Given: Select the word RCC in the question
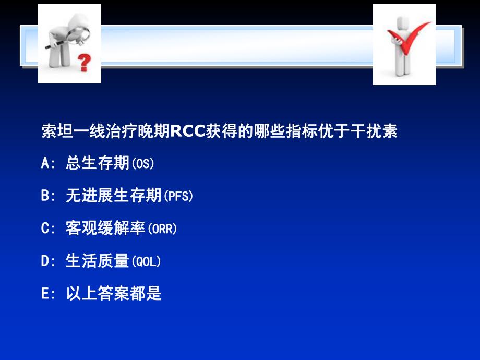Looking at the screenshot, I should pos(188,131).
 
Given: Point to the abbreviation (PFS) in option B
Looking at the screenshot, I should pos(178,197).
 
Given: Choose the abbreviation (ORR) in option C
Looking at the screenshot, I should pos(162,229).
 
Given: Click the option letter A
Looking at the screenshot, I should pos(45,164).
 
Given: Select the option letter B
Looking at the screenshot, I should pos(45,197).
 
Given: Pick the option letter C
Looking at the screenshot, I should pos(45,229).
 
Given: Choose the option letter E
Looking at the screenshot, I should pos(45,294).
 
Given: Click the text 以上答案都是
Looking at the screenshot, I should pos(114,294).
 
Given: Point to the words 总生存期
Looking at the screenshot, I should pos(98,164).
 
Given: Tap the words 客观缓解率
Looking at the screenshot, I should pos(105,229).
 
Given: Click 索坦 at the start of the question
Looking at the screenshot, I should pos(57,131).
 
